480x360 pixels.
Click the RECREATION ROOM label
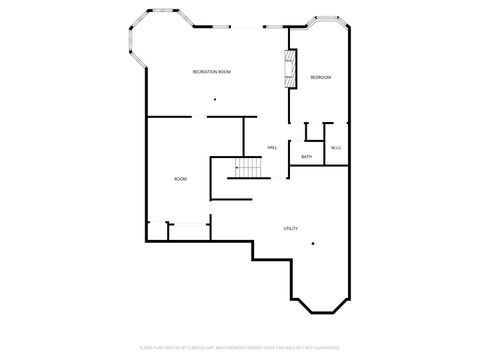(212, 72)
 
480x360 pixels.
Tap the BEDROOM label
(320, 78)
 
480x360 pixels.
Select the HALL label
(271, 148)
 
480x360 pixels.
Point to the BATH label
(306, 157)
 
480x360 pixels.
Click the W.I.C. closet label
(337, 148)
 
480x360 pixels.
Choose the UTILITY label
(290, 229)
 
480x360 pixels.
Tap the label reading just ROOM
(180, 179)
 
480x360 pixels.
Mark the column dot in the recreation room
(214, 99)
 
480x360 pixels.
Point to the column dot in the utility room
(313, 243)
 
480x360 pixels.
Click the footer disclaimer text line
(240, 348)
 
